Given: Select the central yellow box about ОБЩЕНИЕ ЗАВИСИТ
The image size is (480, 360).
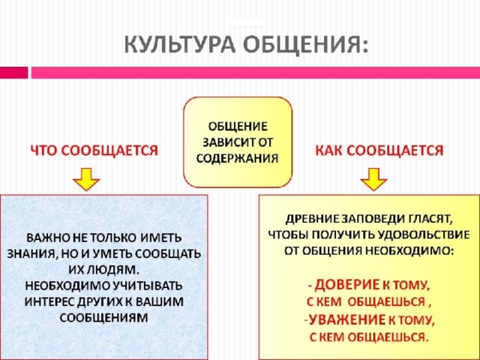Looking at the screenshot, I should click(238, 142).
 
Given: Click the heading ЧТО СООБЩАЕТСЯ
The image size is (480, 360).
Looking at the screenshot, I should click(94, 150).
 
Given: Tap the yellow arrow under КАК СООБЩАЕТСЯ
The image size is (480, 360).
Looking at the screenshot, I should click(373, 180).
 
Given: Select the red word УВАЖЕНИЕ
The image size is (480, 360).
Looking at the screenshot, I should click(347, 320).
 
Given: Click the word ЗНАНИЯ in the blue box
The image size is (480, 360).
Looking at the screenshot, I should click(32, 253).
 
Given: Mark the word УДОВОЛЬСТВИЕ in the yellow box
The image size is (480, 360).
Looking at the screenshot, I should click(420, 235).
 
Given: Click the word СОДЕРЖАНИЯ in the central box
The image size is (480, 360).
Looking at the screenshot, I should click(238, 158).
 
